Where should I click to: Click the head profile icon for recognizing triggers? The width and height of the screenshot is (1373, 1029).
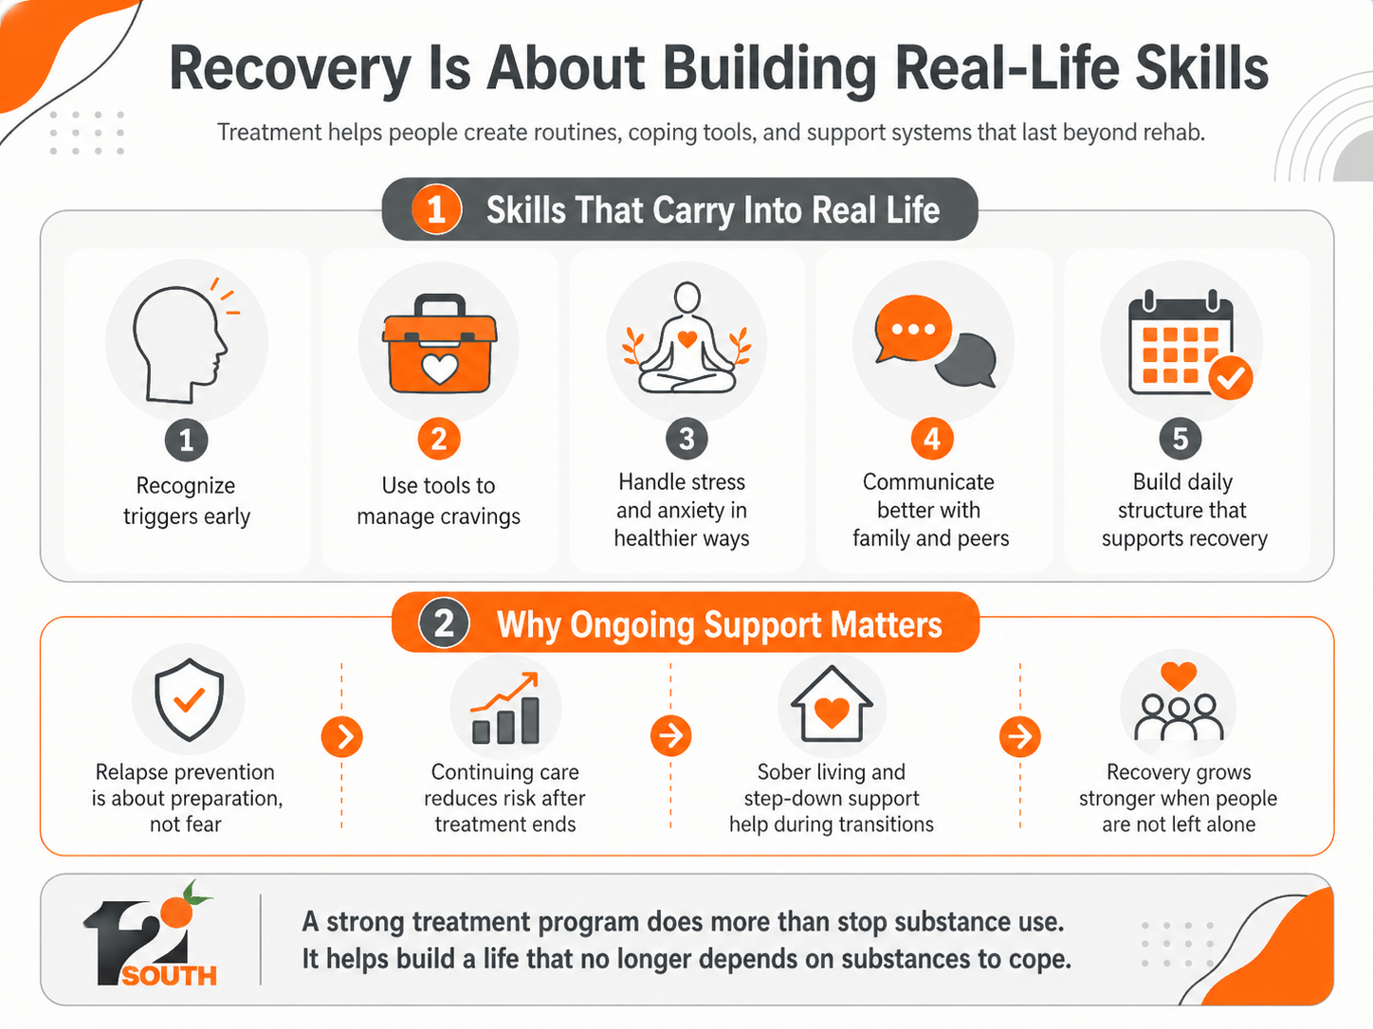click(x=179, y=345)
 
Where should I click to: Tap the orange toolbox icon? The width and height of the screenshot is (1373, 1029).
click(x=439, y=344)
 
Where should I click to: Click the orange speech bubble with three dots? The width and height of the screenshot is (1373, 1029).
click(x=913, y=329)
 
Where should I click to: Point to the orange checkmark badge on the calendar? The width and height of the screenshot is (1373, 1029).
click(x=1231, y=377)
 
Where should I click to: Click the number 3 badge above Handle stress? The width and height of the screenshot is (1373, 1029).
click(x=686, y=439)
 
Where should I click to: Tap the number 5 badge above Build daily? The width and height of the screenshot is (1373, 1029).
click(x=1181, y=439)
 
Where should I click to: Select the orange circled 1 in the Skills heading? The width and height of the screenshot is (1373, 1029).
click(x=436, y=209)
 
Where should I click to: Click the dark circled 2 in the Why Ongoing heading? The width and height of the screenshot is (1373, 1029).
click(x=444, y=623)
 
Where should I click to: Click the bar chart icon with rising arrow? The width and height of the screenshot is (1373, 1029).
click(x=505, y=708)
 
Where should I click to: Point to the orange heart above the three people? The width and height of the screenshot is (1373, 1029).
click(x=1179, y=676)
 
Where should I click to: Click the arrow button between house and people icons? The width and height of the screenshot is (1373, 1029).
click(x=1019, y=736)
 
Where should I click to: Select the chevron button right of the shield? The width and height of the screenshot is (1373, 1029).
click(x=341, y=736)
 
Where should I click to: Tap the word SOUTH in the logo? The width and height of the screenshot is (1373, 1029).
click(x=170, y=975)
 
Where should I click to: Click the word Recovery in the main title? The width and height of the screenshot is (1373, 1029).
click(x=290, y=70)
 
